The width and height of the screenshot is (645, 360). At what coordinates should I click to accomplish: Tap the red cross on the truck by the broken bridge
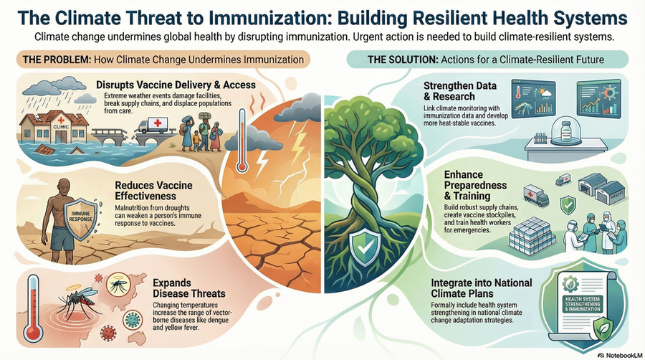click(158, 123)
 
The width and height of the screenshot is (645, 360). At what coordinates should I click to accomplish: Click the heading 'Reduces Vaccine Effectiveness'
click(153, 191)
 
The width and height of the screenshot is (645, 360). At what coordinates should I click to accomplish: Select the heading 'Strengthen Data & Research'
click(459, 91)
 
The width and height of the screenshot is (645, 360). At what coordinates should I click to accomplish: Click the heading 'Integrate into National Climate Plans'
click(482, 288)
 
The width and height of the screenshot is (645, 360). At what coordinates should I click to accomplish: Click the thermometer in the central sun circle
click(242, 140)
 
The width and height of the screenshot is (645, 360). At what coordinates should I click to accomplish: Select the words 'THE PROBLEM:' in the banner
click(57, 60)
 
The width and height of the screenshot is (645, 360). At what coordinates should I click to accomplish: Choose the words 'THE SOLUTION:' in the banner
click(402, 60)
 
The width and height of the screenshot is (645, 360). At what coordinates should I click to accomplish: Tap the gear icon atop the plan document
click(570, 284)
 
